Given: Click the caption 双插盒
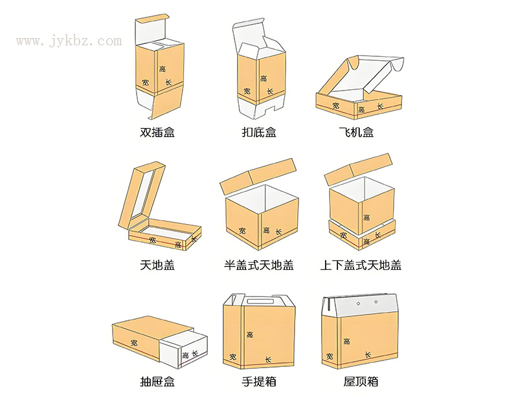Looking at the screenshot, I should click(157, 133).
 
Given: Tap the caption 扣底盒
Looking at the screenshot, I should click(259, 133).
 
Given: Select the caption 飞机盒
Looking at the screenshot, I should click(357, 133).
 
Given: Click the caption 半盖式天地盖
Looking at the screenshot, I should click(259, 265).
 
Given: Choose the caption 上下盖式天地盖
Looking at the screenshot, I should click(361, 265).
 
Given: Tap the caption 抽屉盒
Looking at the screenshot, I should click(157, 382).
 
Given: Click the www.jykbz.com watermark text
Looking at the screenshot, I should click(69, 41).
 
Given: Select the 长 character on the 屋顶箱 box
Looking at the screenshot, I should click(368, 355).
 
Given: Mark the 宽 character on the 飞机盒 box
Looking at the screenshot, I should click(335, 105).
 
